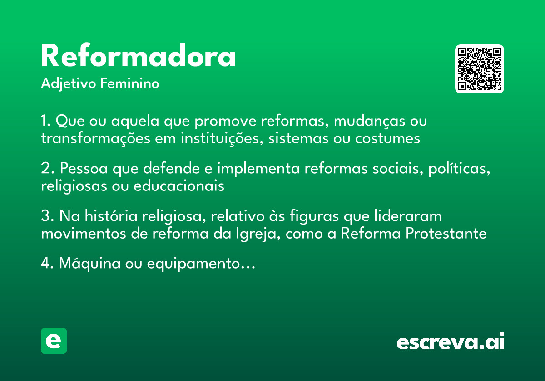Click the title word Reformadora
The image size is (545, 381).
tap(139, 57)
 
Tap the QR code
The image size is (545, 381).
tap(480, 69)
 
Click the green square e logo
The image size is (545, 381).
tap(54, 341)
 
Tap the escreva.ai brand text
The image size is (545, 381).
tap(451, 342)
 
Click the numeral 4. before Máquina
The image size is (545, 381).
tap(47, 264)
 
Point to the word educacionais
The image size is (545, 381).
tap(178, 186)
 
